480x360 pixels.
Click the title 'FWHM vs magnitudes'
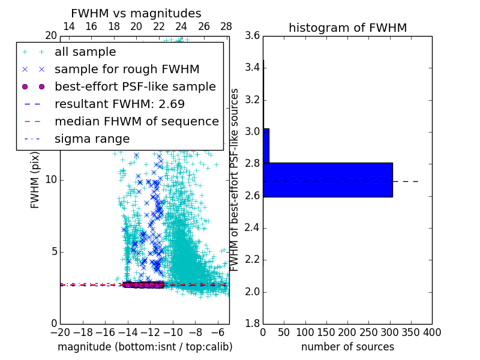(x=136, y=13)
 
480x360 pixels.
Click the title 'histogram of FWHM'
(x=347, y=28)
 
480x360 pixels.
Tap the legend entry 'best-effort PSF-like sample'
(x=135, y=86)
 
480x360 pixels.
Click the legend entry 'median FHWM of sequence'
(x=136, y=121)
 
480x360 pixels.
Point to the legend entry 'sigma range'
(x=92, y=139)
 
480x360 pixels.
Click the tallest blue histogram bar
(x=328, y=179)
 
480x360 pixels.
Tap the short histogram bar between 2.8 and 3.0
(x=266, y=145)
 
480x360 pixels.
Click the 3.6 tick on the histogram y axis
(x=253, y=36)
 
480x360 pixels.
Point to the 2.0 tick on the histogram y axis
(x=253, y=292)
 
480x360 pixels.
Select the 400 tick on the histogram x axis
(x=431, y=332)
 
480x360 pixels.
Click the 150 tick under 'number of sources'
(x=326, y=332)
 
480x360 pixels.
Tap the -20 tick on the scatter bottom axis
(x=60, y=332)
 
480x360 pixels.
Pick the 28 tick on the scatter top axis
(x=226, y=26)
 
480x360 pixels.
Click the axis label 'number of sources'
(x=347, y=347)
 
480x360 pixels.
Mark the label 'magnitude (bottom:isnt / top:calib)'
(x=145, y=347)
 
